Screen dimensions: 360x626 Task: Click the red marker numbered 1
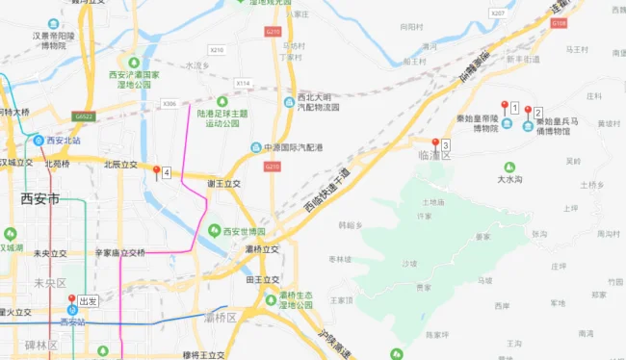tap(504, 106)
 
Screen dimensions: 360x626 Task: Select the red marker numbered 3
tap(435, 143)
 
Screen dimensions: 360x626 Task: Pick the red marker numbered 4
tap(157, 171)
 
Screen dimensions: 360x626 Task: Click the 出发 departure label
tap(89, 300)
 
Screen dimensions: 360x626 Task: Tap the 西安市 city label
tap(39, 199)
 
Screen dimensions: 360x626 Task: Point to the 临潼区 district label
tap(434, 155)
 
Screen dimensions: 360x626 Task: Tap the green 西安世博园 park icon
tap(214, 231)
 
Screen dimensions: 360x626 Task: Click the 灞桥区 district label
tap(221, 317)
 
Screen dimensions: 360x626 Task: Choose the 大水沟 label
tap(509, 179)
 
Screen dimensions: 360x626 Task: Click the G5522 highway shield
tap(84, 116)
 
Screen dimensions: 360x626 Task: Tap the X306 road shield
tap(170, 103)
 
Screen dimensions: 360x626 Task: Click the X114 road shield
tap(244, 84)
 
